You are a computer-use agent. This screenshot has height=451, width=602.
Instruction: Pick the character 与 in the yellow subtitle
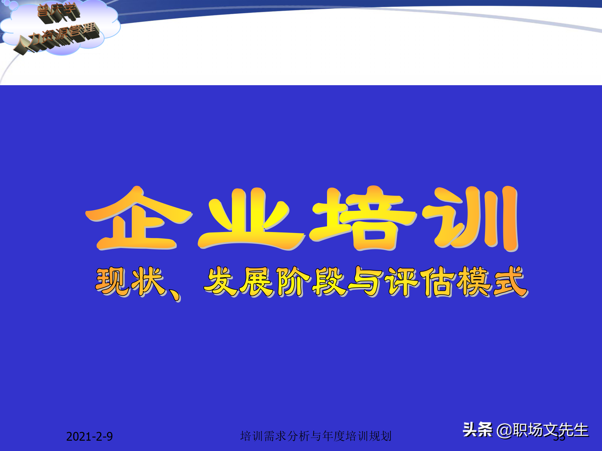[x=366, y=282]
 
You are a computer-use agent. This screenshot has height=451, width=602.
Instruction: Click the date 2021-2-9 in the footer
[x=89, y=437]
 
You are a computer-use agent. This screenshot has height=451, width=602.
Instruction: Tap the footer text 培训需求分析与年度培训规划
[x=316, y=436]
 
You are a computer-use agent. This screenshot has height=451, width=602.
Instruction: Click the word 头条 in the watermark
[x=477, y=430]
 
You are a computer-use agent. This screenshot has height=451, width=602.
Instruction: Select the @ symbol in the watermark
[x=504, y=431]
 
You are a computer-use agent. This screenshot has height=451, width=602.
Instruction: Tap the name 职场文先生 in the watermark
[x=550, y=430]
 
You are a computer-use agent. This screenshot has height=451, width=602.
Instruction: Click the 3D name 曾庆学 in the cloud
[x=58, y=13]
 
